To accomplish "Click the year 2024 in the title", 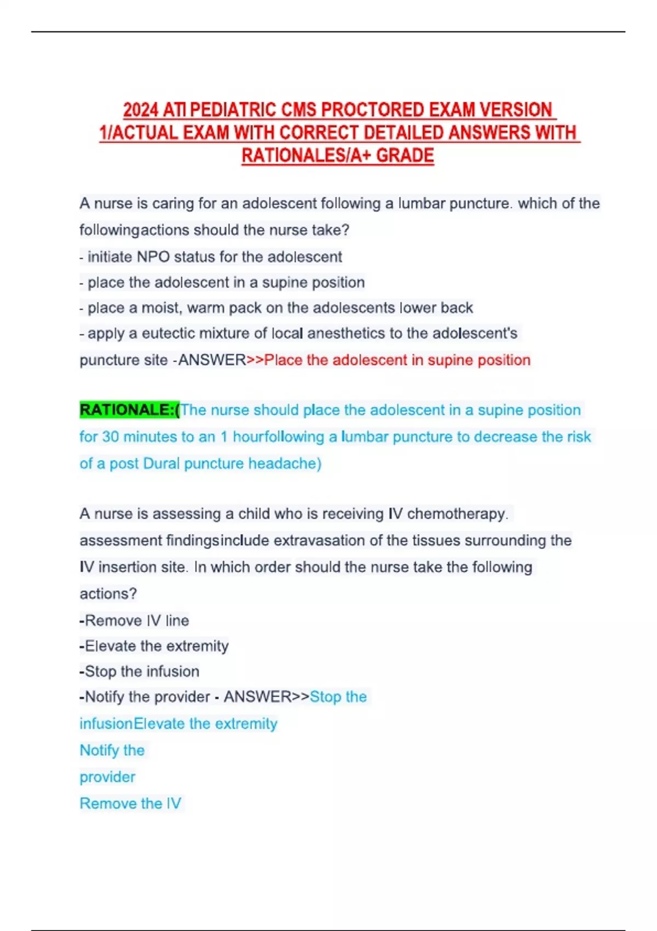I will [141, 110].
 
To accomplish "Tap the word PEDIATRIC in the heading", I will [233, 110].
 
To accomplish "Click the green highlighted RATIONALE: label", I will [129, 410].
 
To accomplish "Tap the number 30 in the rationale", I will [110, 436].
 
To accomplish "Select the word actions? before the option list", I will [108, 594].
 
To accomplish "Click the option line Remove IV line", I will [136, 620].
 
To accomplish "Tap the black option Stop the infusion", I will [141, 671].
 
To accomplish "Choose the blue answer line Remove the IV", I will [130, 803].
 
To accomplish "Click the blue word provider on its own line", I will [107, 777].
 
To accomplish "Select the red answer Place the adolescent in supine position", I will [397, 360].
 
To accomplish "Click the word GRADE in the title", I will [405, 156].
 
